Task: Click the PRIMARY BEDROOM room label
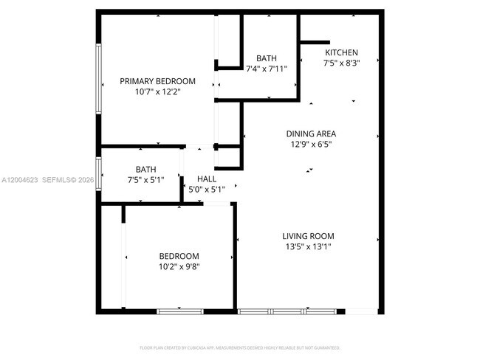157,81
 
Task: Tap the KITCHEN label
341,53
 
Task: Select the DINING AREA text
311,134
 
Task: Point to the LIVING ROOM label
308,236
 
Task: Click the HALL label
207,179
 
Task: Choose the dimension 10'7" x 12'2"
157,92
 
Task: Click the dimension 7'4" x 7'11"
267,69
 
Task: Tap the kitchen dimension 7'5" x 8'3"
341,64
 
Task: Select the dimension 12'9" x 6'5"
311,145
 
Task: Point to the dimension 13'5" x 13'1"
308,247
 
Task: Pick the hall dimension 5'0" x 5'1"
207,190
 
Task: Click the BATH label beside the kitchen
267,58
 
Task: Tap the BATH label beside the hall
145,169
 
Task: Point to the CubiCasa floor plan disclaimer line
240,347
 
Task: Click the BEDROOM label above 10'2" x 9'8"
179,255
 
